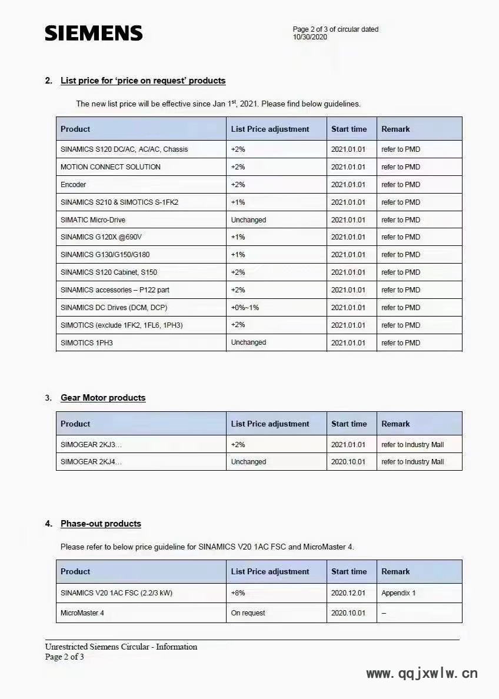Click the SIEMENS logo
tap(94, 33)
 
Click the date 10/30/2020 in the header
tap(310, 37)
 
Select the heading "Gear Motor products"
tap(103, 398)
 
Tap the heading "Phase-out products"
tap(101, 524)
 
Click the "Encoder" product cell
tap(74, 185)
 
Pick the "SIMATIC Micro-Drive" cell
tap(93, 220)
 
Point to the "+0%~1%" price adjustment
tap(245, 308)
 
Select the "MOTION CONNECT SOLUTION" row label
tap(111, 167)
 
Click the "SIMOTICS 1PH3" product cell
tap(87, 343)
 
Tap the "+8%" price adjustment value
tap(238, 593)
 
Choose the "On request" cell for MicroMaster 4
tap(248, 613)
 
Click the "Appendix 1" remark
tap(398, 593)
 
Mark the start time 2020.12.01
tap(348, 593)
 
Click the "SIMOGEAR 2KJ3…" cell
tap(91, 445)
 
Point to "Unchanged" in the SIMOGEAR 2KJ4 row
tap(248, 462)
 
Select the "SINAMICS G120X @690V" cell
tap(101, 237)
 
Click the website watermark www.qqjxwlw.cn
tap(422, 674)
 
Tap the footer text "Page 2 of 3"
tap(65, 657)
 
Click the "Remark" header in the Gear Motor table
tap(395, 424)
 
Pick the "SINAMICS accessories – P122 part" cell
tap(115, 290)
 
